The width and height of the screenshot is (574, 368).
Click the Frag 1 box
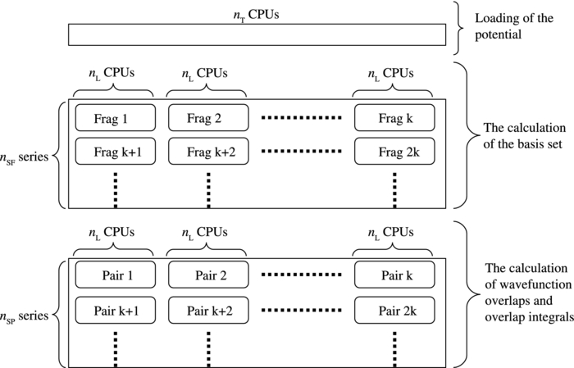coord(114,118)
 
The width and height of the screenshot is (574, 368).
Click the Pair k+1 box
coord(114,310)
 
